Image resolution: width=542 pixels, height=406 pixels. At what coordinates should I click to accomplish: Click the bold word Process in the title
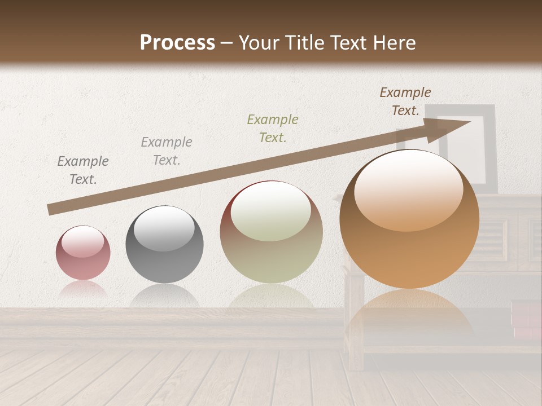coord(177,43)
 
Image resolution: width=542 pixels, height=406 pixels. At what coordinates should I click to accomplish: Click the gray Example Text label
coord(167,151)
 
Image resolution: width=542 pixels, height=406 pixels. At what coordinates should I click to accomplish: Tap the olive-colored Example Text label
coord(273,128)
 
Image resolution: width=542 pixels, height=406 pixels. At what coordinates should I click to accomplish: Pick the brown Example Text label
coord(405,101)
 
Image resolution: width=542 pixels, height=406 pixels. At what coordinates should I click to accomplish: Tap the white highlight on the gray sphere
coord(164,228)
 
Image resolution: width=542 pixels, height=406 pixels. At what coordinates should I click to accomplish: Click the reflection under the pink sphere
coord(83,290)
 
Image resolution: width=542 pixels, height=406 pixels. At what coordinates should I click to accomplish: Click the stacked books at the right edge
coord(526,319)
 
